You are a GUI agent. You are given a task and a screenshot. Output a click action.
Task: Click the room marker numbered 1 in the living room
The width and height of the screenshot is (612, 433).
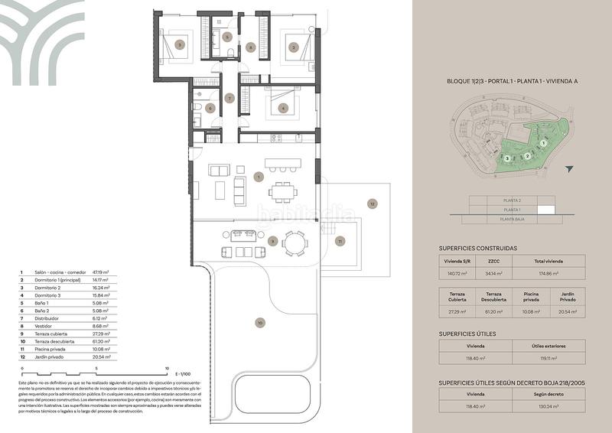(x=259, y=177)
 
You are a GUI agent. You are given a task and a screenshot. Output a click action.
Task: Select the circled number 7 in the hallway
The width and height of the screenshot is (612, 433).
(x=229, y=98)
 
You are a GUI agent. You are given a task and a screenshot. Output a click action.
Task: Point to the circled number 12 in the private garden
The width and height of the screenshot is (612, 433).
(x=372, y=203)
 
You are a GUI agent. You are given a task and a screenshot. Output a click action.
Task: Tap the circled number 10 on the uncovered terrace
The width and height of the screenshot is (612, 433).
(x=259, y=323)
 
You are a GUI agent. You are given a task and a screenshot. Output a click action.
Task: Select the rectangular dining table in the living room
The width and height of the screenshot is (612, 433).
(x=285, y=189)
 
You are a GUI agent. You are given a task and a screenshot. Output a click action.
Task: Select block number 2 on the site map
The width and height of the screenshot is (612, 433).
(x=528, y=156)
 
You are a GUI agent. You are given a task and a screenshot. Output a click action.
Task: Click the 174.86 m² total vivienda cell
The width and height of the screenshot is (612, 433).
(x=551, y=272)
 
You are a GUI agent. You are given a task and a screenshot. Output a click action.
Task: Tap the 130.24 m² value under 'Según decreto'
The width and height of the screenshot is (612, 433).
(x=551, y=407)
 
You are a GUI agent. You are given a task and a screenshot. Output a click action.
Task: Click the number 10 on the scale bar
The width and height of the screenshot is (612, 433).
(x=167, y=367)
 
